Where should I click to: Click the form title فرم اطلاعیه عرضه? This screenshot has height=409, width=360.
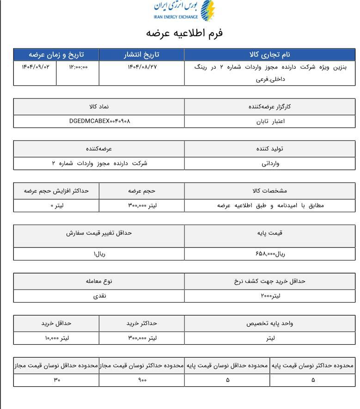(184, 33)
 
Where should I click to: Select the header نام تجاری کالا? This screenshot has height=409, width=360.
(270, 54)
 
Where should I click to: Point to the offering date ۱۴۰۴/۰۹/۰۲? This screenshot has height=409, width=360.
(35, 67)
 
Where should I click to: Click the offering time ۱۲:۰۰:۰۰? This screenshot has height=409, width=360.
(78, 67)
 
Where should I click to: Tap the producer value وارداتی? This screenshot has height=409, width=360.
(270, 163)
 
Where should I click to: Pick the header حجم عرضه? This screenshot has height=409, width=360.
(142, 190)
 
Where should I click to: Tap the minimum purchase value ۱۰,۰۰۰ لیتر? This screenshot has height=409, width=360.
(57, 338)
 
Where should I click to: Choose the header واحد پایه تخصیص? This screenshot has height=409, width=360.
(270, 323)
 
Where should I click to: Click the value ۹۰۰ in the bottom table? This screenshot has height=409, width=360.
(142, 380)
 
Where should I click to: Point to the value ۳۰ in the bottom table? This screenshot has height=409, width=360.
(57, 380)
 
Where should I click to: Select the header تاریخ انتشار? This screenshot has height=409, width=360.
(142, 54)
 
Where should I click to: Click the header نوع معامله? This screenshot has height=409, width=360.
(99, 281)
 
